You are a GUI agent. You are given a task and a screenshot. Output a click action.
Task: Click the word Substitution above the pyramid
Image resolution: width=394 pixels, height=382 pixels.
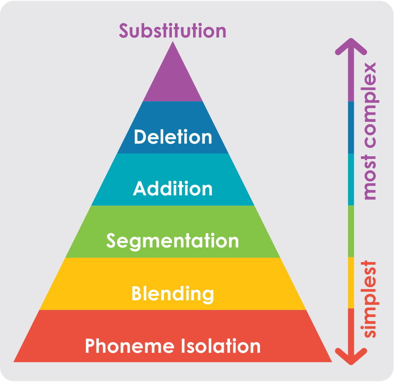click(x=173, y=30)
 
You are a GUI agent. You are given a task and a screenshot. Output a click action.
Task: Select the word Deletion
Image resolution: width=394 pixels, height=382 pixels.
click(x=173, y=137)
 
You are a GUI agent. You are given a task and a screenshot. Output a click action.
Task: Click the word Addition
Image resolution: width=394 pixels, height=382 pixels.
click(x=173, y=189)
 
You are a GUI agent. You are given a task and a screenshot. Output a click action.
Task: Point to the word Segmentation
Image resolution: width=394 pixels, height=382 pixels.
click(x=173, y=241)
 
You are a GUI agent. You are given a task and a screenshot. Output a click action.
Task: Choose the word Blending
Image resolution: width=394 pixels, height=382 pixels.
click(x=173, y=294)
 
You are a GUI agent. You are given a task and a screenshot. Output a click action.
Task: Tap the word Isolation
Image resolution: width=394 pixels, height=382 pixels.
click(x=221, y=346)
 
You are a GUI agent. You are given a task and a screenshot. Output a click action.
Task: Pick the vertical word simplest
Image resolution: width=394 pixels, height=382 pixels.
click(x=369, y=299)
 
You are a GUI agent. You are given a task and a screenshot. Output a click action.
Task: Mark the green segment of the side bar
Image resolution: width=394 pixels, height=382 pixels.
click(x=351, y=231)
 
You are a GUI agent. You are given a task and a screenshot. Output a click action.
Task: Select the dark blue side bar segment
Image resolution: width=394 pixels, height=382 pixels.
click(x=351, y=127)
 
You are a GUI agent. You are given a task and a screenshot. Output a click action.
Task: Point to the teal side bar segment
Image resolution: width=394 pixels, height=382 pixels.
click(x=351, y=179)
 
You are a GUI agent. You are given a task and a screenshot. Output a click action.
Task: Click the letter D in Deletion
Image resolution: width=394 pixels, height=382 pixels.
click(x=140, y=137)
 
